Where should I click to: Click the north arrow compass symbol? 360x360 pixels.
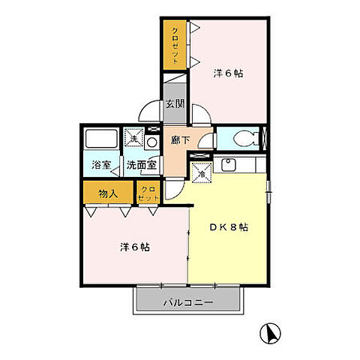(x=270, y=333)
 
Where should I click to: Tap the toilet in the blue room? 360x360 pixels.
(x=246, y=138)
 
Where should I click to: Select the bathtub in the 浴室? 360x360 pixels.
(x=101, y=138)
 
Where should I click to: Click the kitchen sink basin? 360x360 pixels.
(x=228, y=164)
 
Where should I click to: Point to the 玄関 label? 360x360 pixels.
(x=175, y=103)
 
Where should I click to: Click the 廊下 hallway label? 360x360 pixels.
(x=180, y=140)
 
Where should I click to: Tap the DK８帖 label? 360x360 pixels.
(x=229, y=227)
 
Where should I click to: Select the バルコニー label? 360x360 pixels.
(x=188, y=303)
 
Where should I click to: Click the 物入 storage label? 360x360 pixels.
(x=108, y=193)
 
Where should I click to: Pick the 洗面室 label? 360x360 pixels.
(x=142, y=165)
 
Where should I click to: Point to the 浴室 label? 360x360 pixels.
(x=101, y=165)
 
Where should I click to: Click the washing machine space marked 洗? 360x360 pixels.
(x=134, y=137)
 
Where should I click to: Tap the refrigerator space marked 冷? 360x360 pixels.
(x=202, y=172)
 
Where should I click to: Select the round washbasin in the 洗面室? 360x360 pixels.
(x=151, y=142)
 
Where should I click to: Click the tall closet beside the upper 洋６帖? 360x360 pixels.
(x=175, y=45)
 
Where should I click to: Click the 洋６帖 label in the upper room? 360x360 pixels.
(x=228, y=73)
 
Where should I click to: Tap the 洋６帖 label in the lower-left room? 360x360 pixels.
(x=135, y=247)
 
